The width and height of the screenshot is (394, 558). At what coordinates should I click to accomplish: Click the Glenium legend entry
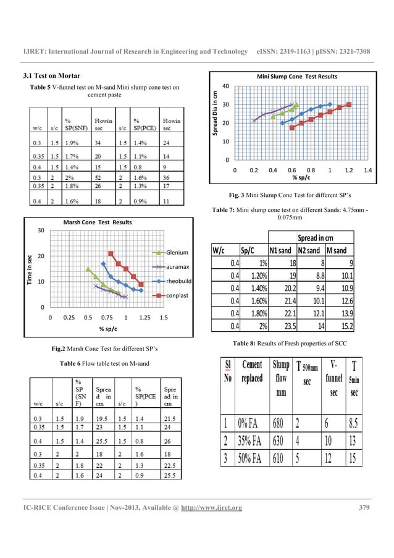click(178, 252)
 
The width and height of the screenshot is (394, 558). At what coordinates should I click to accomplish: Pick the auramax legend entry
click(178, 267)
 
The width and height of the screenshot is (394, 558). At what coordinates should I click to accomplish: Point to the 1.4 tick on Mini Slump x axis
click(368, 169)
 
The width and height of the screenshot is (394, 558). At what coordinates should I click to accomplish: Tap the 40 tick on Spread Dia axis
click(227, 86)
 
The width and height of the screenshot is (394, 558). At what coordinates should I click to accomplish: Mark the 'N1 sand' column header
click(280, 250)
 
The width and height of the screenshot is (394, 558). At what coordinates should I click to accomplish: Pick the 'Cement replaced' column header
click(252, 372)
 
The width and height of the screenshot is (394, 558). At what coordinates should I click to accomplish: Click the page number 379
click(364, 509)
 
